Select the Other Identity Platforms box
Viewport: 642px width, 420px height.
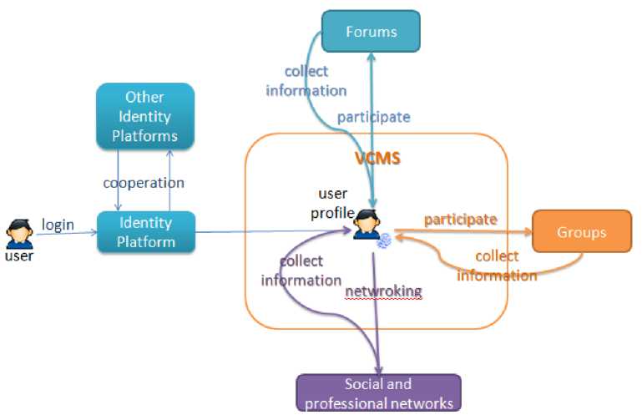[x=144, y=116]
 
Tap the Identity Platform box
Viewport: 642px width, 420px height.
[x=146, y=233]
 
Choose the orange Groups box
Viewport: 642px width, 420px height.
[x=582, y=231]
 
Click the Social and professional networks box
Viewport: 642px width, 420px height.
[x=378, y=393]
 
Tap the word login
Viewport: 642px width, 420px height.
[x=58, y=225]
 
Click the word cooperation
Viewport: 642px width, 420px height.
[x=144, y=182]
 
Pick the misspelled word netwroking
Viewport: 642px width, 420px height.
[x=383, y=291]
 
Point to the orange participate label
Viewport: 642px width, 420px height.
[x=460, y=220]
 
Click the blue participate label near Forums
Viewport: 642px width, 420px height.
[x=373, y=117]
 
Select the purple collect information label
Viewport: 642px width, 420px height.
[x=301, y=271]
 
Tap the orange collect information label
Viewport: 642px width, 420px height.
[x=497, y=266]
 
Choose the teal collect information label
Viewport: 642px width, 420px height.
[x=306, y=81]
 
